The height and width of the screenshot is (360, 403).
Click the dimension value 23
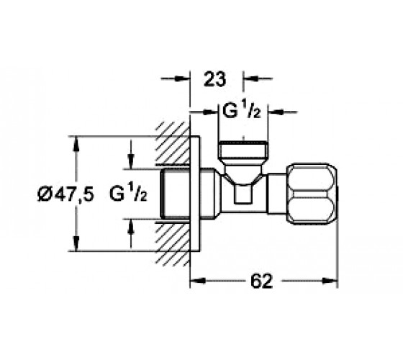pos(214,79)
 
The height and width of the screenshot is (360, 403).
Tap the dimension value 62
pos(261,281)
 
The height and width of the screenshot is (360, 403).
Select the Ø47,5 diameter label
pos(65,194)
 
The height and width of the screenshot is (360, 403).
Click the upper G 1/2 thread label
pos(242,111)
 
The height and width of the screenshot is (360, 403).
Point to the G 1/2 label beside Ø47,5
pos(129,194)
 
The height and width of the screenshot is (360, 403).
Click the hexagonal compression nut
pos(312,194)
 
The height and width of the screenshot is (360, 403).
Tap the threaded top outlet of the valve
pos(243,152)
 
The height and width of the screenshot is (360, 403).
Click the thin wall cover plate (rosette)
pos(195,194)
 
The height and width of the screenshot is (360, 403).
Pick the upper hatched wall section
pos(173,143)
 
